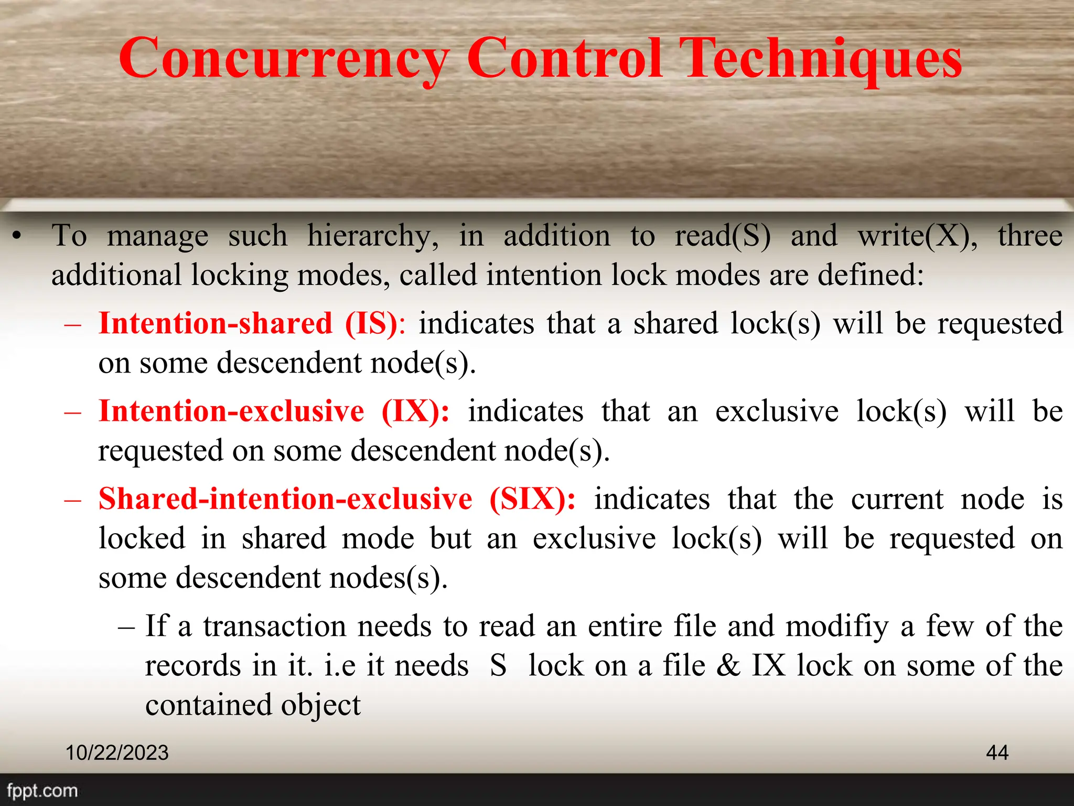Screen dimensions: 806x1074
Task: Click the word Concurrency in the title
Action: (284, 59)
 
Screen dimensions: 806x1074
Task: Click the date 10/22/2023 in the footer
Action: (117, 752)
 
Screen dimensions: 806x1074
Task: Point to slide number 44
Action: (997, 752)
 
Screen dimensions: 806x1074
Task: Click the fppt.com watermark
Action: (42, 790)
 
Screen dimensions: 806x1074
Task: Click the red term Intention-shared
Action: (216, 323)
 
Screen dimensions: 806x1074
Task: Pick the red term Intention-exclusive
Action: (231, 411)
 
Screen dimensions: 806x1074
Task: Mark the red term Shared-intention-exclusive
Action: (285, 499)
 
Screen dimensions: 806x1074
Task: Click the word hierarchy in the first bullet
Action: (372, 236)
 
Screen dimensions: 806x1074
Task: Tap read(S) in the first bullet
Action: (722, 236)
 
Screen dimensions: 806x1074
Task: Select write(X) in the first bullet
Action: (917, 236)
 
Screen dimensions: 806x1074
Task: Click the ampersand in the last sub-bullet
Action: (728, 665)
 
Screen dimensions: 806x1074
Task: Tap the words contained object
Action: (253, 705)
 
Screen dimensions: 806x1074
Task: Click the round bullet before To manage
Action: (17, 236)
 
